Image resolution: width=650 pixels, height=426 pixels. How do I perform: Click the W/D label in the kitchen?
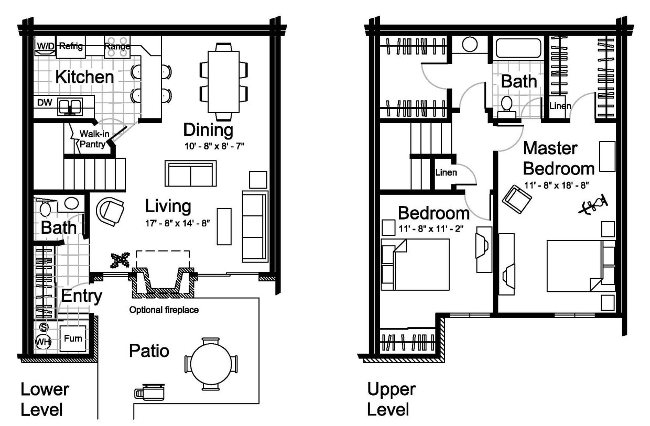pyautogui.click(x=44, y=46)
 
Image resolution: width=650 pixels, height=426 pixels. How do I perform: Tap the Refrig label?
pyautogui.click(x=71, y=46)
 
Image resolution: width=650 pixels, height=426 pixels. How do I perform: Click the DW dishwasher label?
pyautogui.click(x=45, y=103)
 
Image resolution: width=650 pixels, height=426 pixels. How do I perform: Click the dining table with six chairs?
pyautogui.click(x=224, y=81)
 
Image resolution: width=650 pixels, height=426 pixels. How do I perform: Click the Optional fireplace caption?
pyautogui.click(x=164, y=310)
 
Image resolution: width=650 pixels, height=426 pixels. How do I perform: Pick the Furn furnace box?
pyautogui.click(x=72, y=338)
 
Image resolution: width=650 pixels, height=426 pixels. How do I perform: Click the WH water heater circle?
pyautogui.click(x=43, y=342)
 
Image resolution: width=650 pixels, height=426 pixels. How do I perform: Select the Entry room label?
pyautogui.click(x=81, y=296)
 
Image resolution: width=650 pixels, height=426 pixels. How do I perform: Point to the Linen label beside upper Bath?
pyautogui.click(x=560, y=106)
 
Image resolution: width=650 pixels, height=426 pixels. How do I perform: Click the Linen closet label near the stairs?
pyautogui.click(x=446, y=172)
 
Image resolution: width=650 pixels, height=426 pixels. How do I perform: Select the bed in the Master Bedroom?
pyautogui.click(x=580, y=266)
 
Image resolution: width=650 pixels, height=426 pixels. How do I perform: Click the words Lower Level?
pyautogui.click(x=45, y=399)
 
